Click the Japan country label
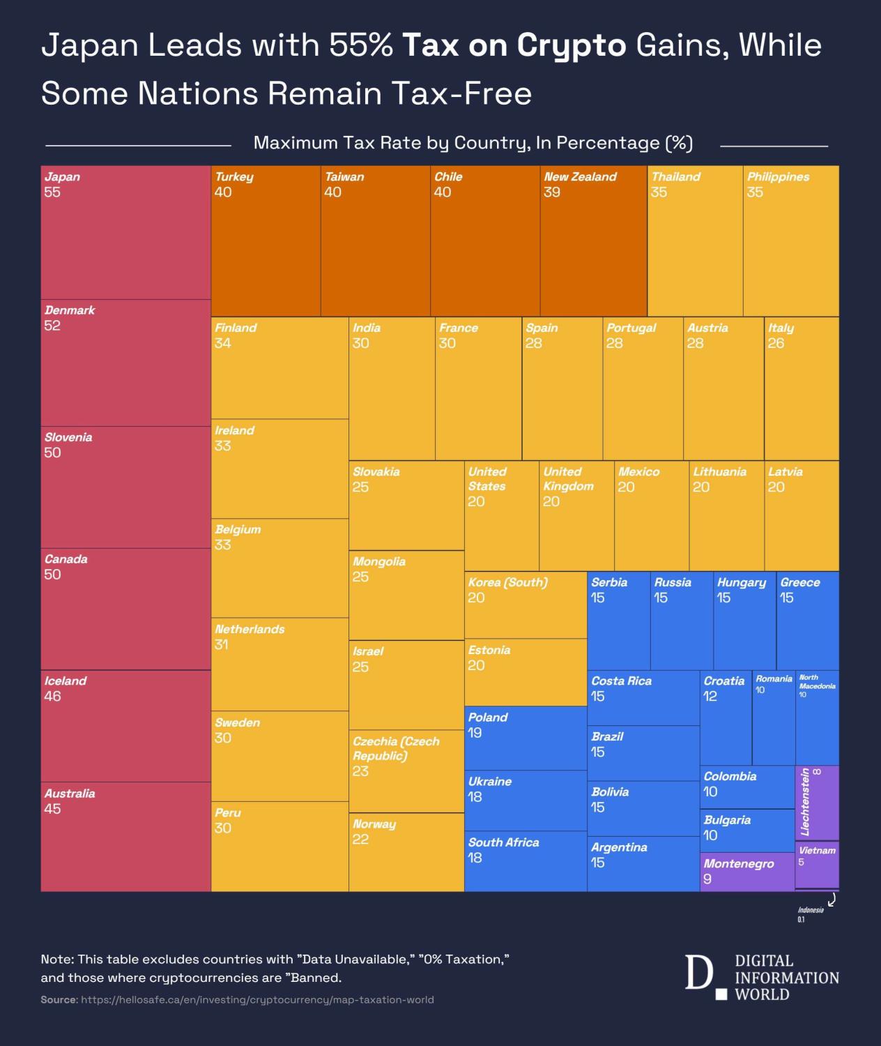pyautogui.click(x=62, y=177)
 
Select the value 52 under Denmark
pyautogui.click(x=52, y=326)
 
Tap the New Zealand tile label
pyautogui.click(x=580, y=177)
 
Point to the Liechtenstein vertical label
pyautogui.click(x=806, y=802)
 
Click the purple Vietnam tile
pyautogui.click(x=817, y=865)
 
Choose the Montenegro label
pyautogui.click(x=738, y=864)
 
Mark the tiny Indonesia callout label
pyautogui.click(x=811, y=910)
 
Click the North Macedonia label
pyautogui.click(x=817, y=681)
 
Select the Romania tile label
pyautogui.click(x=774, y=679)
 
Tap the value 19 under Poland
pyautogui.click(x=475, y=733)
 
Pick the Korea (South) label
pyautogui.click(x=507, y=582)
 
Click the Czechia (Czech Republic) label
pyautogui.click(x=396, y=748)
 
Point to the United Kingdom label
pyautogui.click(x=568, y=479)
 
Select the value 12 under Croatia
pyautogui.click(x=710, y=696)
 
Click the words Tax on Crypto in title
pyautogui.click(x=514, y=45)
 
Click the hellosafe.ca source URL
pyautogui.click(x=257, y=1000)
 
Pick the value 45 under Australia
pyautogui.click(x=52, y=809)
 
